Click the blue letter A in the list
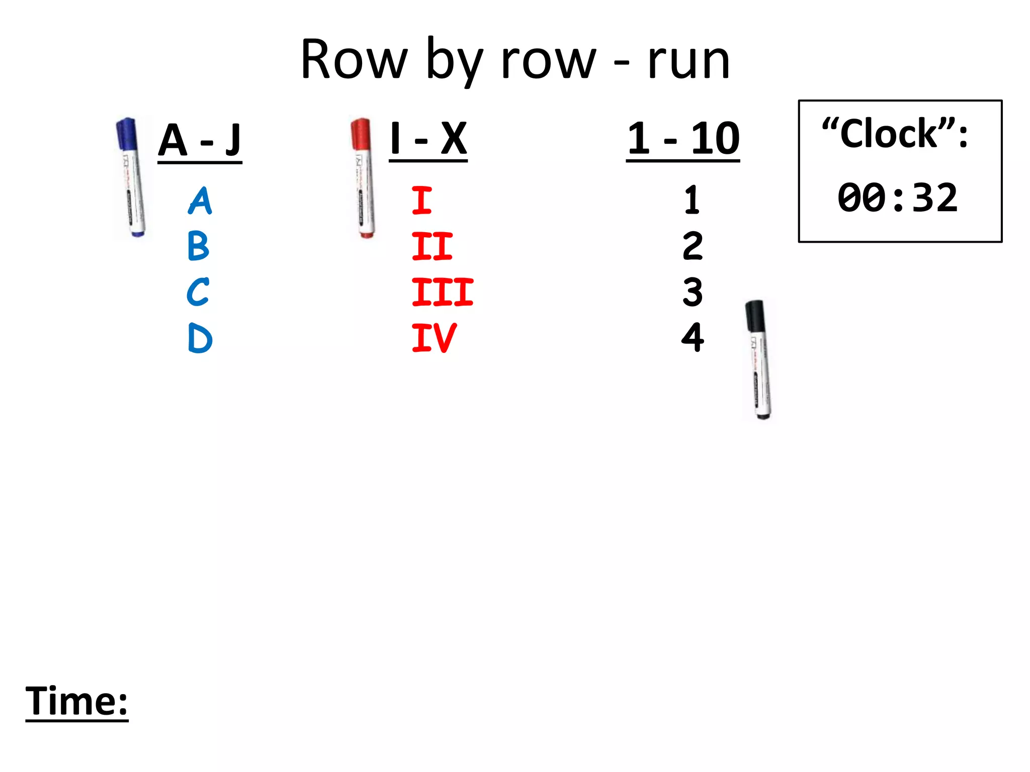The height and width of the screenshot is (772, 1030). (200, 201)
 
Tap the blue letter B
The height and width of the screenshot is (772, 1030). (198, 246)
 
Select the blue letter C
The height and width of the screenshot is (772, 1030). (198, 292)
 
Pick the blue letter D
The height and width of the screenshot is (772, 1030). (200, 338)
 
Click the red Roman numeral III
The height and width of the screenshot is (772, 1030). (442, 292)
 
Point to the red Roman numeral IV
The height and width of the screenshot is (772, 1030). (434, 338)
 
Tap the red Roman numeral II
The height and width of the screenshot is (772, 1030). (432, 246)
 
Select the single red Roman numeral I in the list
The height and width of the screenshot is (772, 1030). (421, 201)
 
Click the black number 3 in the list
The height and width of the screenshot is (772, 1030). (693, 292)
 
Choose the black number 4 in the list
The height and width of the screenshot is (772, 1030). (693, 338)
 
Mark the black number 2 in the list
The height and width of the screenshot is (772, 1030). (693, 246)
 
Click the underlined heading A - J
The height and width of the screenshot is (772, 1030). (200, 140)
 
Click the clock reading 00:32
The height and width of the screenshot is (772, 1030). (897, 198)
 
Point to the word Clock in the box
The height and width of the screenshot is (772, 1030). (889, 134)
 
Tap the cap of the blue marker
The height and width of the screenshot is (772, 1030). (127, 134)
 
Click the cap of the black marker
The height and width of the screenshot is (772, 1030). (755, 316)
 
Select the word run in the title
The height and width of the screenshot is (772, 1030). (689, 61)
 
